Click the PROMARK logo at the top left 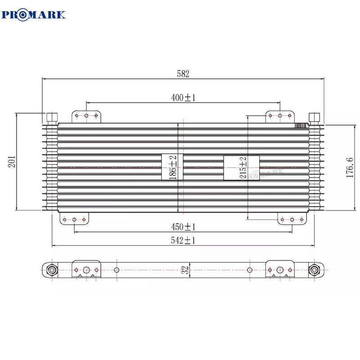tap(34, 14)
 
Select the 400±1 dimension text tap(183, 98)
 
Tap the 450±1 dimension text tap(183, 227)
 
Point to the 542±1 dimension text tap(183, 241)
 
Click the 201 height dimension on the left tap(12, 162)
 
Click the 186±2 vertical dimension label tap(172, 167)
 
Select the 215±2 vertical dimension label tap(243, 168)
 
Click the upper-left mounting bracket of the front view tap(87, 117)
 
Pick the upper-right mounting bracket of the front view tap(279, 117)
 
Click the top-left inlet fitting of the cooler tap(52, 118)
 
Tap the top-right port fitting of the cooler tap(314, 118)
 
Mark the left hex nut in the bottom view tap(51, 270)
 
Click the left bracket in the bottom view tap(87, 269)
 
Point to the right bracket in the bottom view tap(279, 269)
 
